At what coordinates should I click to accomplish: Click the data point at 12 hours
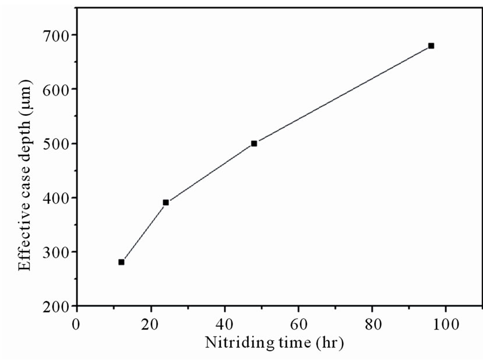point(121,262)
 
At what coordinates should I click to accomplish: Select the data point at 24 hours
point(165,203)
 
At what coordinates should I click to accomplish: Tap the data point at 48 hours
point(254,143)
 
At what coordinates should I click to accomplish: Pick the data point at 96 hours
point(431,46)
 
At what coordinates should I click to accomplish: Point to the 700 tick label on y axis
point(56,36)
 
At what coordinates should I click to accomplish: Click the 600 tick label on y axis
point(56,90)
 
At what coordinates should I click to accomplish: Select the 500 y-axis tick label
point(56,144)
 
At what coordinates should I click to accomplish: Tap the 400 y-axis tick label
point(56,198)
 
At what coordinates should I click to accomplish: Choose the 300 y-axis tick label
point(56,252)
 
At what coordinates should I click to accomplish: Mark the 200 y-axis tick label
point(56,306)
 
